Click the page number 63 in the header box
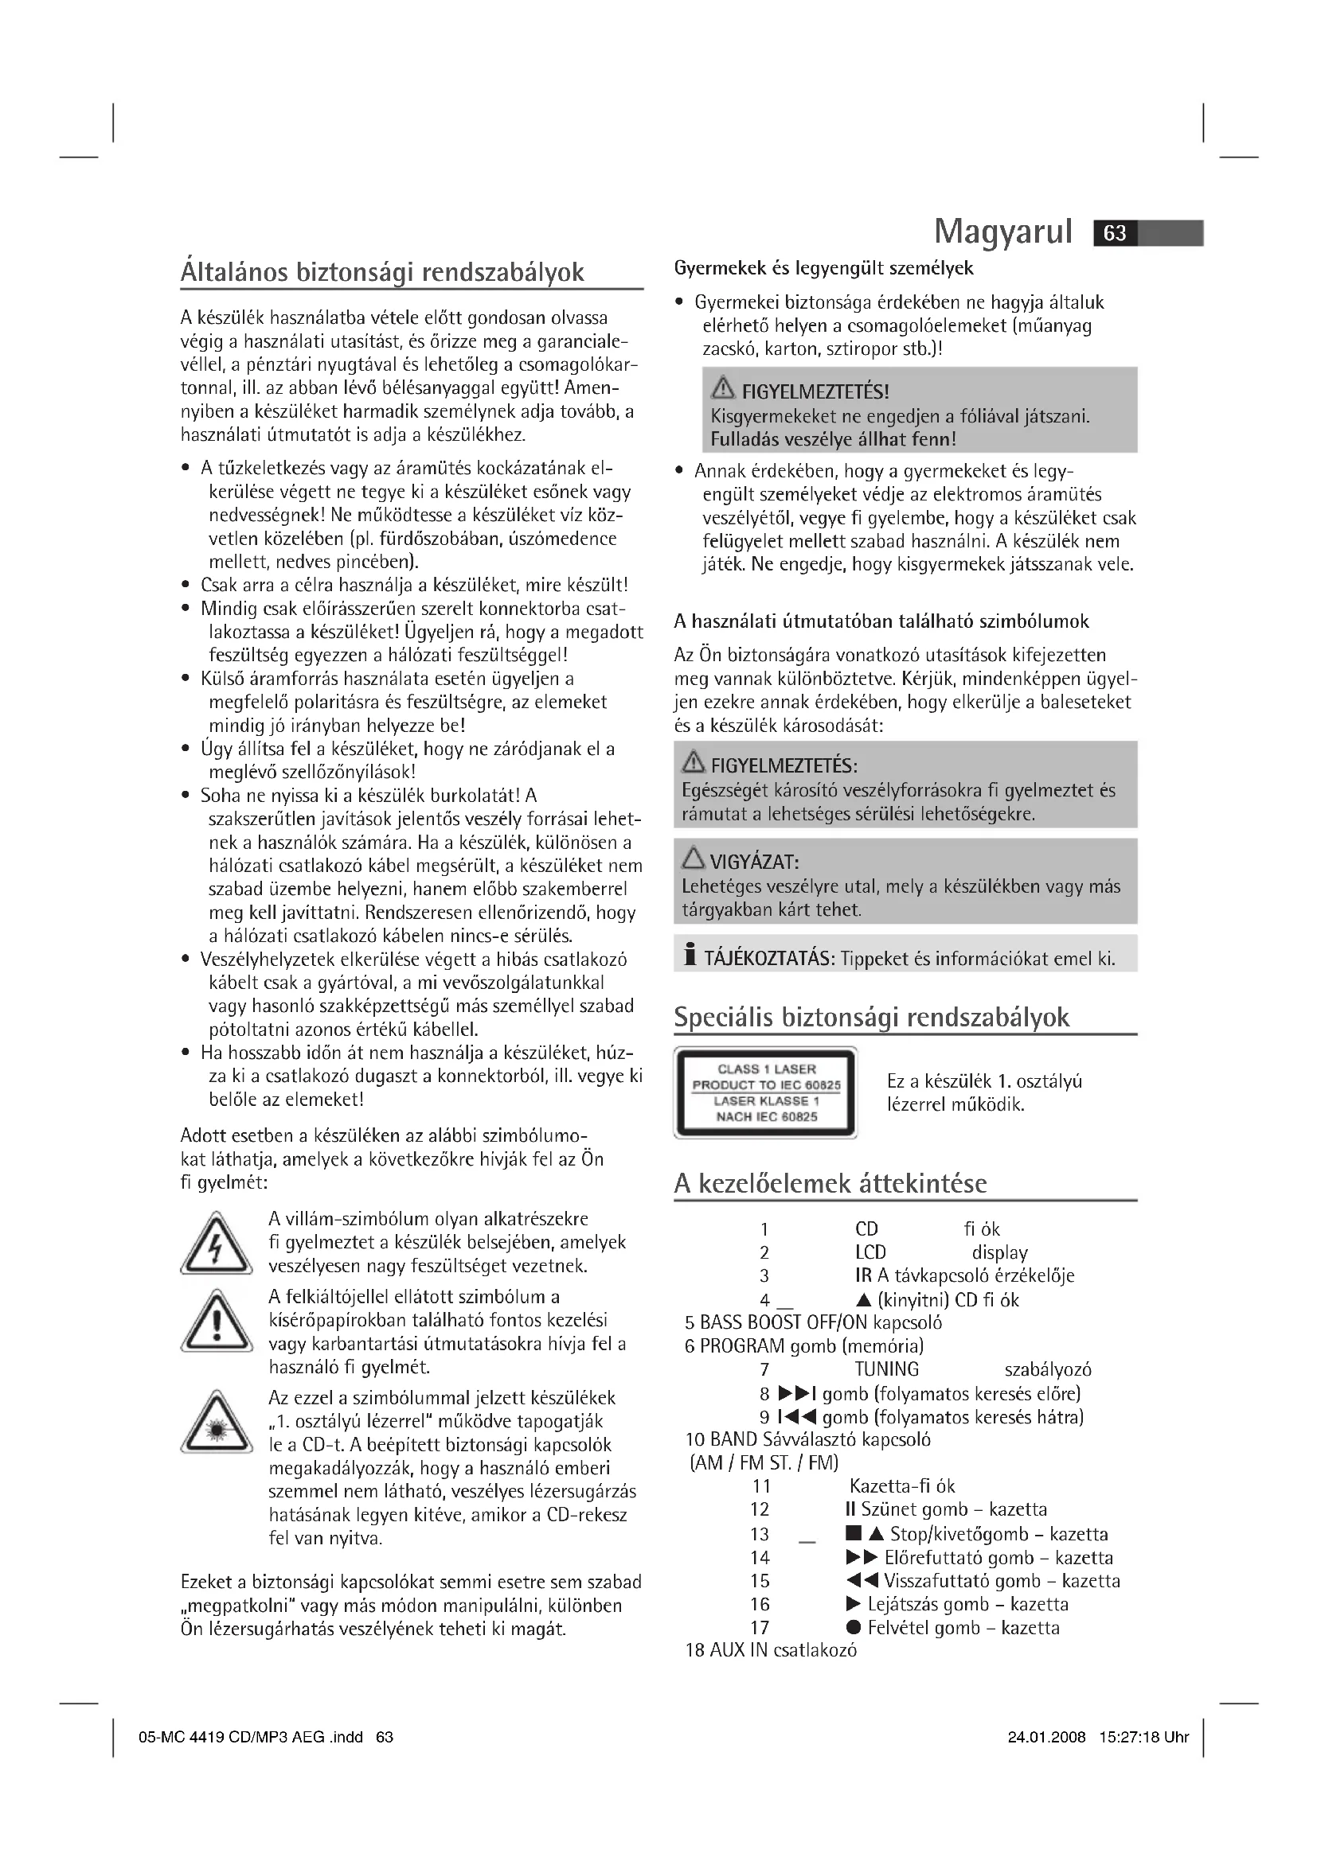tap(1115, 233)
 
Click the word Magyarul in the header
tap(1003, 232)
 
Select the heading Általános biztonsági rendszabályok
tap(382, 272)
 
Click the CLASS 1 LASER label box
tap(765, 1092)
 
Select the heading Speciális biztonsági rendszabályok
tap(872, 1018)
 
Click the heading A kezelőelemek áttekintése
tap(830, 1184)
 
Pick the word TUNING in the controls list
tap(886, 1370)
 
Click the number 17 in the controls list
tap(760, 1628)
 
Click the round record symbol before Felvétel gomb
tap(853, 1628)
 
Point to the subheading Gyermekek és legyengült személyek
tap(823, 268)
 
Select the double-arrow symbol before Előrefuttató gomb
tap(862, 1557)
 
